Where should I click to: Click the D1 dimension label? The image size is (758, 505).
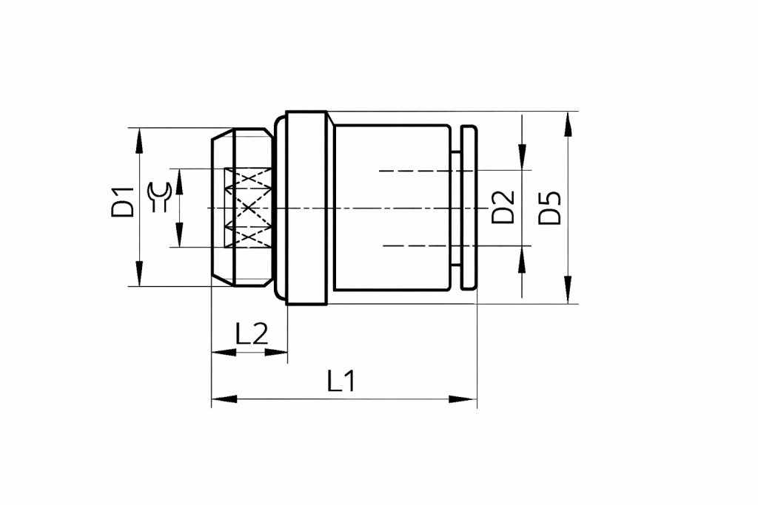[122, 203]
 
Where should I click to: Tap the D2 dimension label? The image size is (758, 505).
[503, 207]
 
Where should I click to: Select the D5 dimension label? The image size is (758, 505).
[550, 208]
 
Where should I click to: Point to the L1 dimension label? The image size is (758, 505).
[341, 381]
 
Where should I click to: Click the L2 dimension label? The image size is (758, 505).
[252, 333]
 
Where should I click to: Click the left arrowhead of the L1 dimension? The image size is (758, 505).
[224, 399]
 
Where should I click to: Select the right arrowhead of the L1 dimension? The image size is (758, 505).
[463, 399]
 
